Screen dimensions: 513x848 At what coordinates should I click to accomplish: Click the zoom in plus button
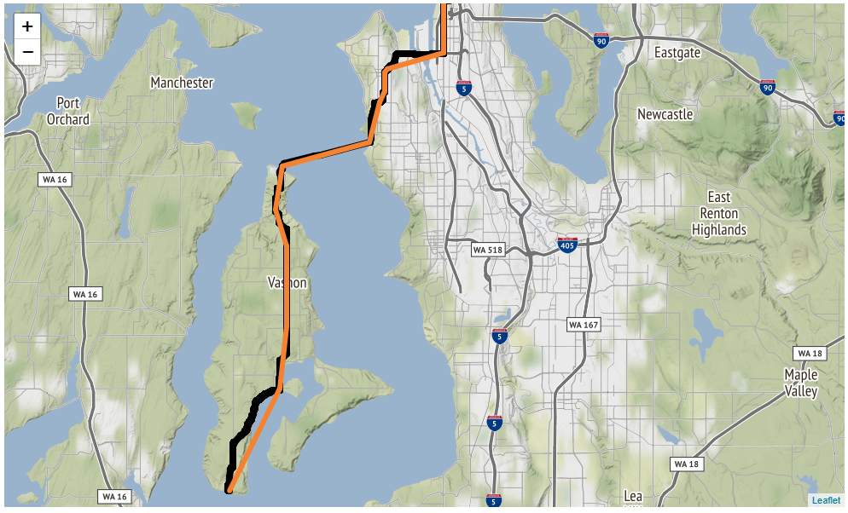click(x=27, y=26)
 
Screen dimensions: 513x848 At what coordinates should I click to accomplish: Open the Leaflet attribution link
click(x=825, y=500)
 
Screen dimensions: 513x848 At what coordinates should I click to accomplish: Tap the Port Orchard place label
click(x=68, y=112)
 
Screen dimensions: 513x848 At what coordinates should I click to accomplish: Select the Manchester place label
click(x=182, y=83)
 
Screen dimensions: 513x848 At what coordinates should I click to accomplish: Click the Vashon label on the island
click(x=287, y=282)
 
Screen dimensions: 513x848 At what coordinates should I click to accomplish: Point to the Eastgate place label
click(x=677, y=53)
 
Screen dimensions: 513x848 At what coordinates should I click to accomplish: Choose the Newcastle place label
click(x=665, y=114)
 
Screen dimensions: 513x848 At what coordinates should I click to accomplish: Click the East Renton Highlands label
click(x=719, y=213)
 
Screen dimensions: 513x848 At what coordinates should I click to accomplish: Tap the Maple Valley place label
click(x=801, y=383)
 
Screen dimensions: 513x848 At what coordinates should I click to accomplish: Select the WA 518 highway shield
click(x=489, y=250)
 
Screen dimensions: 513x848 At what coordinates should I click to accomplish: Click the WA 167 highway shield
click(x=584, y=325)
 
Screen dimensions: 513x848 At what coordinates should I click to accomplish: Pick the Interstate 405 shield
click(x=567, y=245)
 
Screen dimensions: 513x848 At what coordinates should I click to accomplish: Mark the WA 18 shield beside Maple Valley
click(x=807, y=353)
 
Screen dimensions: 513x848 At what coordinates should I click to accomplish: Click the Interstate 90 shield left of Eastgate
click(x=601, y=40)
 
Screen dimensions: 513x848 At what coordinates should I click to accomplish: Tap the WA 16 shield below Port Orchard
click(x=58, y=179)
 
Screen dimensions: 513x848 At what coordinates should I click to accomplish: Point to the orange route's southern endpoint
click(x=229, y=490)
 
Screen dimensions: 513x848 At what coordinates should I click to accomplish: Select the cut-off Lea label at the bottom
click(x=633, y=497)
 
